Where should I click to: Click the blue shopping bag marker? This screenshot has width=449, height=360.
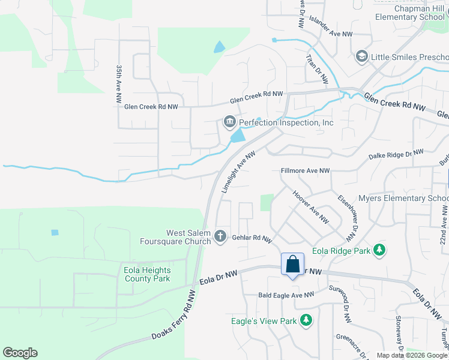point(292,265)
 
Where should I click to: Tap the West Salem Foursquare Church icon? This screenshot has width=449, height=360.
point(220,236)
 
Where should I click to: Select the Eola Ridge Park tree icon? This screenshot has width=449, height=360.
point(379,250)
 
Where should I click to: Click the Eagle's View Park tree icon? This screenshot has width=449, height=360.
point(306,320)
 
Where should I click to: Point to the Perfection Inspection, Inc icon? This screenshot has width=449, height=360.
point(229,122)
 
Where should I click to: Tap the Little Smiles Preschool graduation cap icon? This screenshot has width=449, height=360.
point(361,57)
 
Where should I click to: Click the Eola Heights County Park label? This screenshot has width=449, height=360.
point(147,274)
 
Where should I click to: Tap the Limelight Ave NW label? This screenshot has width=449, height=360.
point(239,171)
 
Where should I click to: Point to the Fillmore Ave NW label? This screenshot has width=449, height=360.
point(306,171)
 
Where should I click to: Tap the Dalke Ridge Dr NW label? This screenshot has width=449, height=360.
point(396,155)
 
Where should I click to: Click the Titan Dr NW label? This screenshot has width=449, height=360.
point(317,68)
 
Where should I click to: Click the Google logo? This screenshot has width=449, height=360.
point(20,353)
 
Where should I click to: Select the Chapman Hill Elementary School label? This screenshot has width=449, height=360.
point(411,13)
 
